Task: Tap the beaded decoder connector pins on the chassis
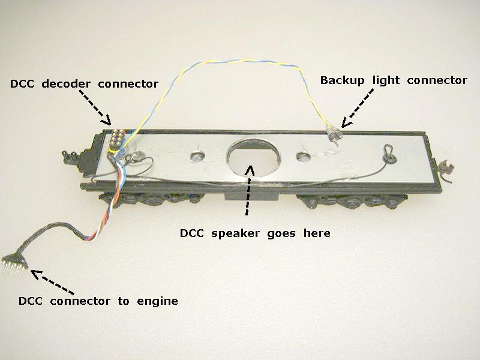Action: tap(118, 139)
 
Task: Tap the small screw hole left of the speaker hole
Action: tap(196, 157)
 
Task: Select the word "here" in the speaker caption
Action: tap(317, 233)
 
